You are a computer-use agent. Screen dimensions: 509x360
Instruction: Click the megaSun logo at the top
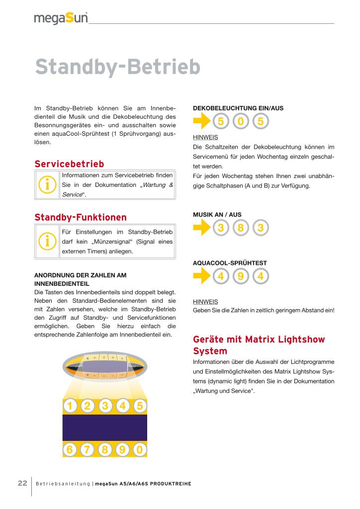click(61, 18)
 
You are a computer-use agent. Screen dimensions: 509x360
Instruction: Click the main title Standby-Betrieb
click(117, 67)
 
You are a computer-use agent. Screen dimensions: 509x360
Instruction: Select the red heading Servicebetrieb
click(69, 164)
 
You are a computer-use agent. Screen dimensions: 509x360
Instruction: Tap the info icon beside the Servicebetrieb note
click(47, 184)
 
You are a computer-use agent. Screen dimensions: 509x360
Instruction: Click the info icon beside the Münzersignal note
click(47, 241)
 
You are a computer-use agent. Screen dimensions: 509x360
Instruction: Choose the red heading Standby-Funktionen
click(81, 217)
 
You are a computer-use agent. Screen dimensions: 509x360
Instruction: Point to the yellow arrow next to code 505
click(201, 121)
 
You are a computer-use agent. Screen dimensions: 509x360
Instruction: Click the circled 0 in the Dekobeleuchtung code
click(241, 121)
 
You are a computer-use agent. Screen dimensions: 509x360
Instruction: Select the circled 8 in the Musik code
click(241, 228)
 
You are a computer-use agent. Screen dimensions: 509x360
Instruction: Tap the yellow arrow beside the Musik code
click(201, 228)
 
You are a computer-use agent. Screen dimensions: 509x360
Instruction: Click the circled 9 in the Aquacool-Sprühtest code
click(241, 276)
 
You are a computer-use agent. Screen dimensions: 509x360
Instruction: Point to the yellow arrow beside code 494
click(201, 276)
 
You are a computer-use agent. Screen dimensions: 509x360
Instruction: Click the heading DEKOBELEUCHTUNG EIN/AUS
click(238, 107)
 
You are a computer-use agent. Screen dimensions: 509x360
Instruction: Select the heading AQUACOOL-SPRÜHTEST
click(230, 262)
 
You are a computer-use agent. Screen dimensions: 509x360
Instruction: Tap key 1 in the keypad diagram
click(70, 406)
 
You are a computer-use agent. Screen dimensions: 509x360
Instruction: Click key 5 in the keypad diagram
click(140, 406)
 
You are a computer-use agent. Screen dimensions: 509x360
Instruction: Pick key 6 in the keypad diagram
click(70, 450)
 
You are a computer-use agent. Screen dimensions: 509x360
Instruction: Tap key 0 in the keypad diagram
click(140, 450)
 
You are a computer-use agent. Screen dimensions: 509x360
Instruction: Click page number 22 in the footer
click(22, 483)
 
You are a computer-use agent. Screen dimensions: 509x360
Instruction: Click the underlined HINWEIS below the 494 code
click(205, 301)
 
